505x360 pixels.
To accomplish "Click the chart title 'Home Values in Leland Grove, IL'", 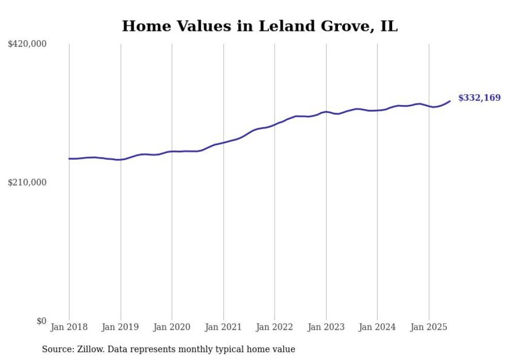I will coord(260,26).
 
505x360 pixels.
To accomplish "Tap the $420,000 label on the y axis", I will coord(27,44).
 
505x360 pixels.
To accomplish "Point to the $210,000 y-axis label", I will coord(27,182).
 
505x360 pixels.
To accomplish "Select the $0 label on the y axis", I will coord(41,321).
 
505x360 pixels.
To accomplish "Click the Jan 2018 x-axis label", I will coord(69,327).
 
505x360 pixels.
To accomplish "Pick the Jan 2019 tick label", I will coord(121,327).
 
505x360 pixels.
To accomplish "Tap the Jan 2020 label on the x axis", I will coord(172,327).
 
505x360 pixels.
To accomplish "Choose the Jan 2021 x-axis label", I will coord(223,327).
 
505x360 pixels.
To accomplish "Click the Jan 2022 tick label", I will coord(275,327).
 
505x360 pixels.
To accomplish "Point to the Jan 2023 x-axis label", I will coord(326,327).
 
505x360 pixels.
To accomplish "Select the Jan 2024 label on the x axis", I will coord(377,327).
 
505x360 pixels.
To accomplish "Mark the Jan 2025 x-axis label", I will coord(429,327).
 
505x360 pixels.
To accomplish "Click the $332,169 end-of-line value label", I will coord(479,98).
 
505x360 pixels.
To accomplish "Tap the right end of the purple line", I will coord(450,101).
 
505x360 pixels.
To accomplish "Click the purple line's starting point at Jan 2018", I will coord(70,159).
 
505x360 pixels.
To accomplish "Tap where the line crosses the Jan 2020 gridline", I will coord(172,151).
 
